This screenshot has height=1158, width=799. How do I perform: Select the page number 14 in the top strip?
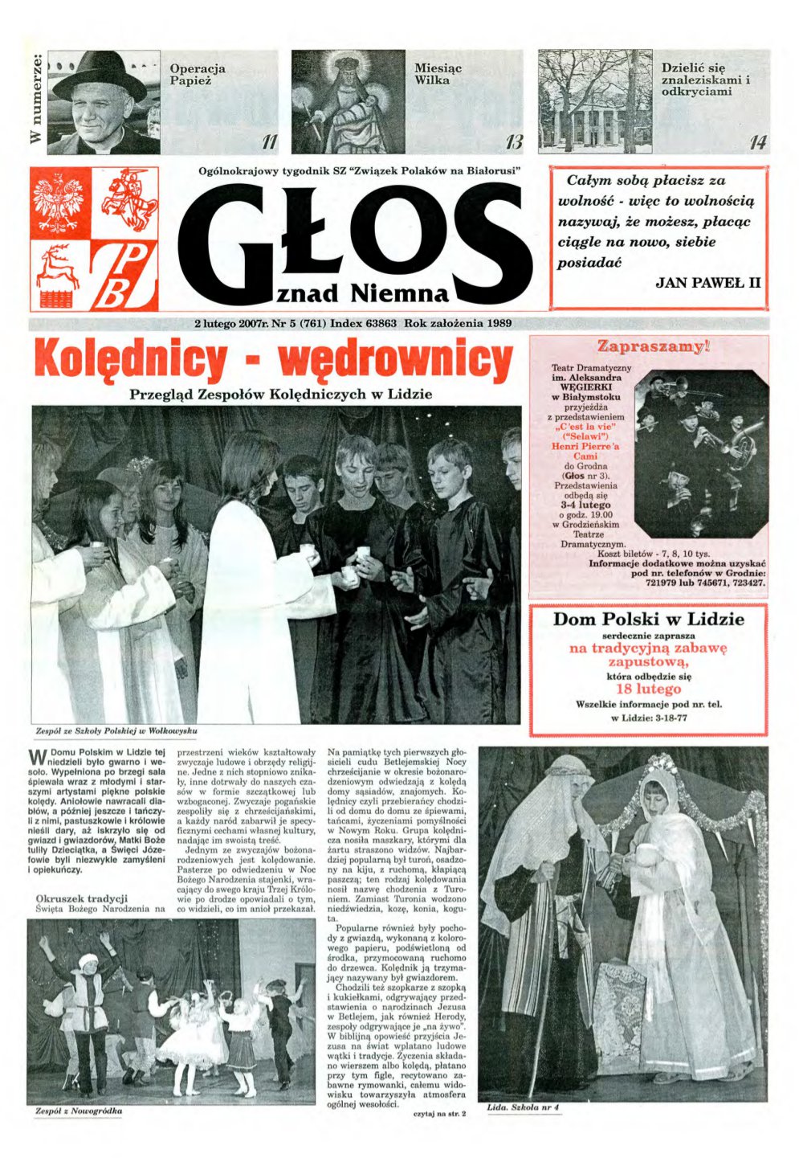point(756,143)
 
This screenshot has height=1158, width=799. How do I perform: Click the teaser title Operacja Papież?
point(198,75)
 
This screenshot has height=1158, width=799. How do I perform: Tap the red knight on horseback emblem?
point(128,199)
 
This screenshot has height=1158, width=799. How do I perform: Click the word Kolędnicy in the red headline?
point(130,361)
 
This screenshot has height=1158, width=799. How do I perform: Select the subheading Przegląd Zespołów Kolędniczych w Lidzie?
point(280,395)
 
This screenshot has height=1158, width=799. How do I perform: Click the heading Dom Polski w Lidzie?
point(648,620)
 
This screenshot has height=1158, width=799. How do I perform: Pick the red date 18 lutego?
point(648,689)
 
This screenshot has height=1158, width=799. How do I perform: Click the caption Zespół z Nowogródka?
point(79,1111)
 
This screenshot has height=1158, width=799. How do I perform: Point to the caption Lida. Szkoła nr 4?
point(523,1108)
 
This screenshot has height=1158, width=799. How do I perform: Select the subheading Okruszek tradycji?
point(82,898)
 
